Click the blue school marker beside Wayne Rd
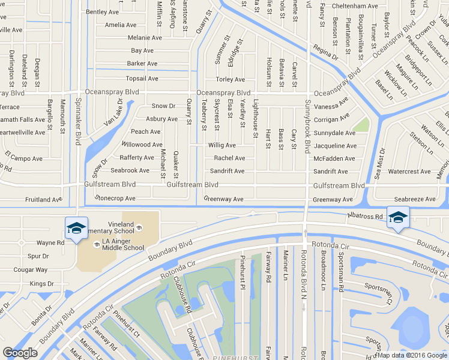pyautogui.click(x=77, y=228)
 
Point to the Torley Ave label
pyautogui.click(x=231, y=80)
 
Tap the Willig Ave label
pyautogui.click(x=222, y=145)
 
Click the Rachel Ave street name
pyautogui.click(x=229, y=158)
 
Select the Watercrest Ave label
pyautogui.click(x=409, y=172)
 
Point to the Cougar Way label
pyautogui.click(x=31, y=270)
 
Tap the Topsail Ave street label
pyautogui.click(x=142, y=79)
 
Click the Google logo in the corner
pyautogui.click(x=20, y=353)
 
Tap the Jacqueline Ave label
pyautogui.click(x=334, y=146)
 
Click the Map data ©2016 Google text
pyautogui.click(x=412, y=355)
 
